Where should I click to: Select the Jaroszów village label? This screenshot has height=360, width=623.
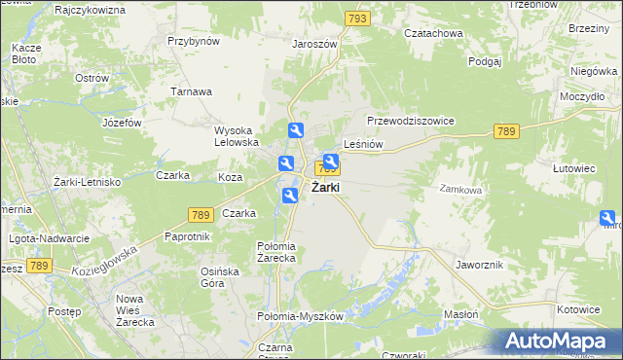(313, 44)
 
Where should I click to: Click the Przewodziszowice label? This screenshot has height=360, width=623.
(411, 121)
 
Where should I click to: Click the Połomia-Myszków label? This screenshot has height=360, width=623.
(301, 317)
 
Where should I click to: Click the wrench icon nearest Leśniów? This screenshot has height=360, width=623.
(330, 162)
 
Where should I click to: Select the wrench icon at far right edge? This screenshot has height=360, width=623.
(608, 219)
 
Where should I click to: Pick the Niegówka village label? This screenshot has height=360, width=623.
(595, 71)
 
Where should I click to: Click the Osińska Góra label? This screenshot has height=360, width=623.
(220, 276)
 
